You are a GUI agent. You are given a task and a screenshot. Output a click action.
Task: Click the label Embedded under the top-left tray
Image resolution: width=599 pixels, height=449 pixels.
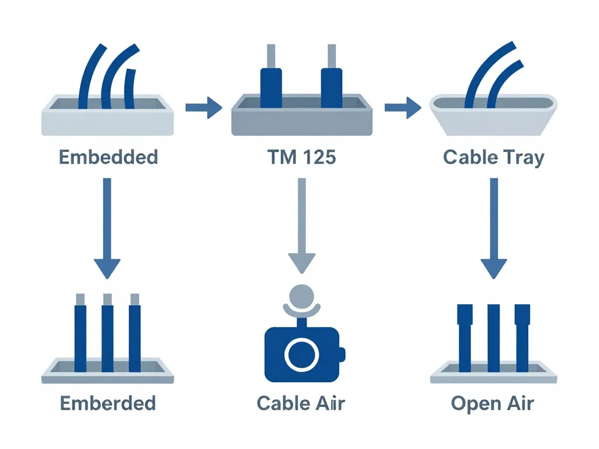coord(109,157)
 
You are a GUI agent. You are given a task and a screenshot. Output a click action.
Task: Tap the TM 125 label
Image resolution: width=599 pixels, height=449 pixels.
coord(301,157)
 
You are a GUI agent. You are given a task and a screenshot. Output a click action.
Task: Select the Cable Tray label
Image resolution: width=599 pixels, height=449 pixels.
coord(494,157)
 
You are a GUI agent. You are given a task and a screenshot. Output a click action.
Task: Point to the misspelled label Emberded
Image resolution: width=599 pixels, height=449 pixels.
coord(108,403)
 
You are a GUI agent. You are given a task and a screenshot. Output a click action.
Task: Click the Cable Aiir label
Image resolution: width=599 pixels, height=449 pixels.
coord(301,403)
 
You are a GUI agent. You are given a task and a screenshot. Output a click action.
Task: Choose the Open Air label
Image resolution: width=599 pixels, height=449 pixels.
coord(493,403)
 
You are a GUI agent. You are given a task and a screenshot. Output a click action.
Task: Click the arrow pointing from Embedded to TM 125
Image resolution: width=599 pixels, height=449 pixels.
coord(204,108)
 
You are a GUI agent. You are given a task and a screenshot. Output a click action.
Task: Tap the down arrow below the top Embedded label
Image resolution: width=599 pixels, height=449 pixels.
coord(108,228)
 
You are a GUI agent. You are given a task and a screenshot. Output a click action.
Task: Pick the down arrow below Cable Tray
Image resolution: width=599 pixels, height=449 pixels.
coord(494,228)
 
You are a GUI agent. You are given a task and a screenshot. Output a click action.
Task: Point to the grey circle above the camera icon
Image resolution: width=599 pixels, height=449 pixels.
coord(302,295)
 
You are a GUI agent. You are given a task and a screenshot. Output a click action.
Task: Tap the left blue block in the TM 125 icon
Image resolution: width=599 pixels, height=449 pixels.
coord(271,88)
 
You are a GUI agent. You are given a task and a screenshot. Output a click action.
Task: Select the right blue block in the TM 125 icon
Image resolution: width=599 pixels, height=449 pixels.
coord(331,88)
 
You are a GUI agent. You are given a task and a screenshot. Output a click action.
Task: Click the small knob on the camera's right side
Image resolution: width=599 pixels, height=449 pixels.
coord(342,353)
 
